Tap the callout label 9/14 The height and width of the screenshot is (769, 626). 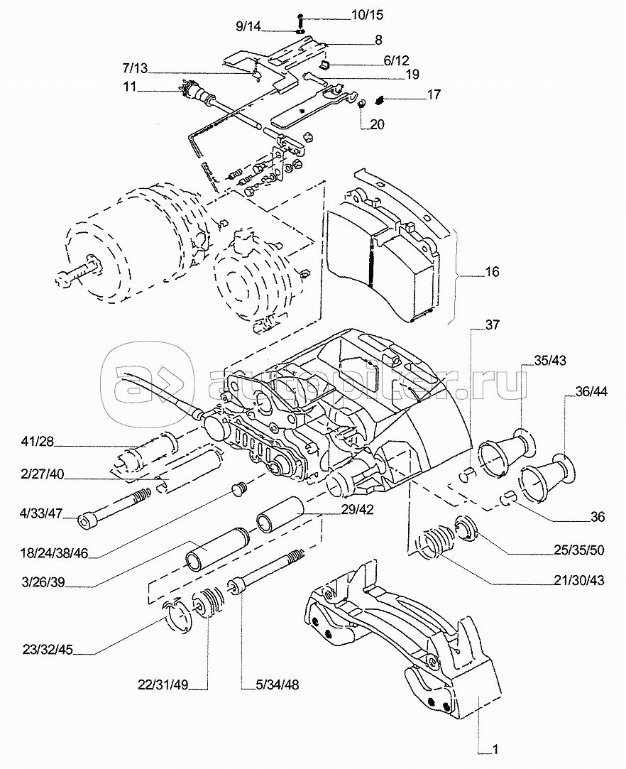[x=248, y=27]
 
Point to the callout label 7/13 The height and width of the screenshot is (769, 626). [x=134, y=68]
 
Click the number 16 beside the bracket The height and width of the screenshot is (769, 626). [x=492, y=272]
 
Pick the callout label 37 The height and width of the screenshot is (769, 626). [x=491, y=326]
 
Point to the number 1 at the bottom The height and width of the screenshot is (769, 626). [x=495, y=749]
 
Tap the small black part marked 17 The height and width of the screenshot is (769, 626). [x=380, y=97]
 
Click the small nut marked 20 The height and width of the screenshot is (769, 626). [x=361, y=104]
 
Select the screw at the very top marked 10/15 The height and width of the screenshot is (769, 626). [x=301, y=16]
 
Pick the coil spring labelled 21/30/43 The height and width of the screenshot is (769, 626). [x=434, y=544]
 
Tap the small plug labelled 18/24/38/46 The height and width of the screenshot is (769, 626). [x=240, y=489]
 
